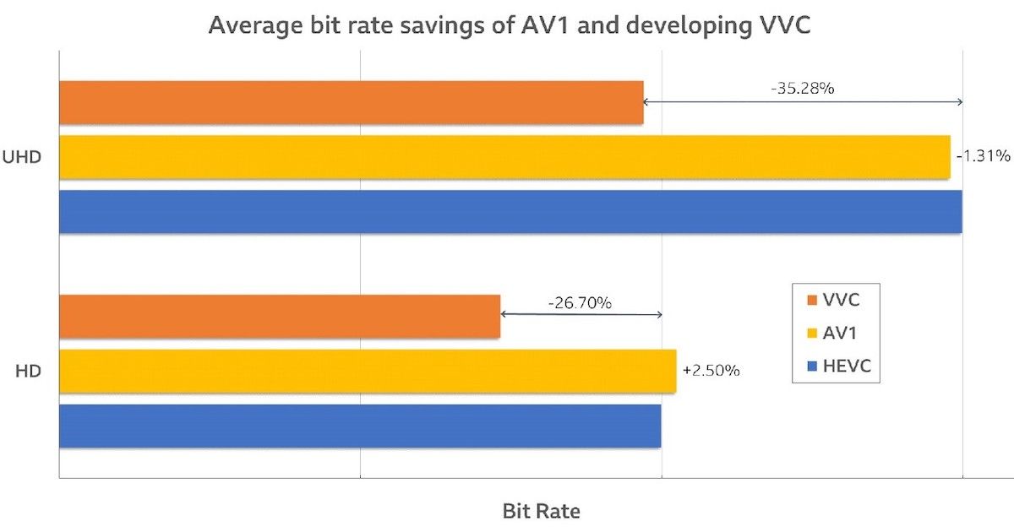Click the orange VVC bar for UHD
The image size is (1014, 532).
[351, 102]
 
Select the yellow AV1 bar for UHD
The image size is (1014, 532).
[504, 157]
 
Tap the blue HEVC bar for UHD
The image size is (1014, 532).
[510, 211]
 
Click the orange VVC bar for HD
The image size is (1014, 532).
[279, 316]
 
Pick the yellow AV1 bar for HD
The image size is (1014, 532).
[368, 371]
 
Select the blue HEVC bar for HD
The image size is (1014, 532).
[360, 426]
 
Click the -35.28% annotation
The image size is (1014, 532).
[803, 88]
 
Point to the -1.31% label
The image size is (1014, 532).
[983, 156]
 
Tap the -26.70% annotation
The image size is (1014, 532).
[580, 302]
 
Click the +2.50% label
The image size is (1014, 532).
[711, 371]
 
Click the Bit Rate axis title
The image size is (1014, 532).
[541, 511]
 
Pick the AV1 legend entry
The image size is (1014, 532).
[837, 333]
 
